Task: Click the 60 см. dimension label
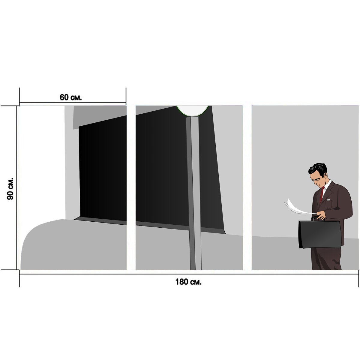(x=70, y=97)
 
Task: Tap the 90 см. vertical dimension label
(x=10, y=189)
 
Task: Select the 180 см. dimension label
(x=188, y=282)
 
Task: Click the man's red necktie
(x=322, y=194)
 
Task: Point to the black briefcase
(x=320, y=235)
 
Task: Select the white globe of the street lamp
(x=192, y=110)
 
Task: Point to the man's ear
(x=325, y=175)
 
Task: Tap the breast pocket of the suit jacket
(x=328, y=204)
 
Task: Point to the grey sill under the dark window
(x=149, y=225)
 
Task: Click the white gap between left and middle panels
(x=131, y=187)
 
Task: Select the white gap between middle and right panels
(x=247, y=187)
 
